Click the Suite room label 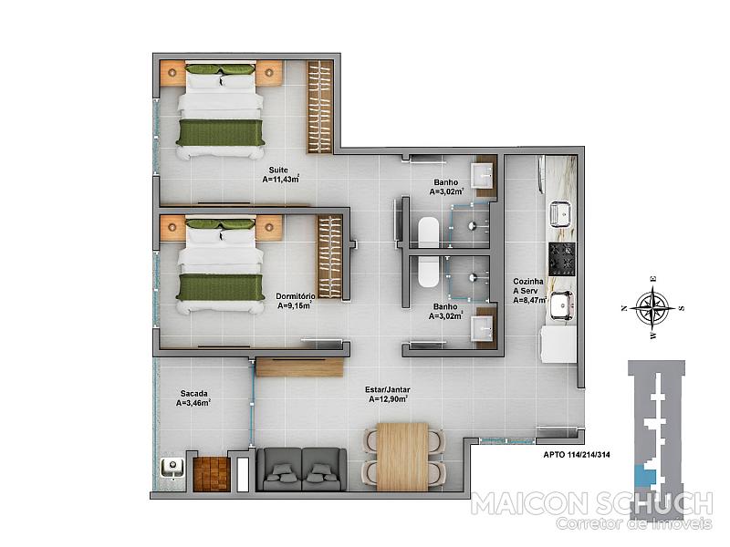(x=278, y=170)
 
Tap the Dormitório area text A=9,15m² (x=295, y=305)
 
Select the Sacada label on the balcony (x=194, y=394)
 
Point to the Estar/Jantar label (x=387, y=390)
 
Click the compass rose (x=653, y=307)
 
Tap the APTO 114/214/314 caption (x=577, y=455)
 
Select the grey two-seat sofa (x=302, y=469)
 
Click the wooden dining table (x=402, y=457)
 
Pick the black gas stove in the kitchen (x=562, y=259)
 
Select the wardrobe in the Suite (x=320, y=107)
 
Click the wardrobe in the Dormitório (x=330, y=256)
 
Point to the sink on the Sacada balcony (x=172, y=468)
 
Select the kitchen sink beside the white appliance (x=562, y=306)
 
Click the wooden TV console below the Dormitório (x=300, y=367)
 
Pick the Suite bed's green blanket (x=221, y=132)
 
